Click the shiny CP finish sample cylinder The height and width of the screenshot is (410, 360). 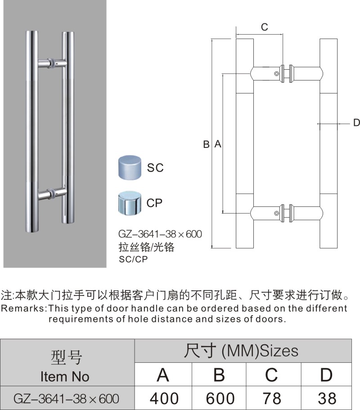point(129,203)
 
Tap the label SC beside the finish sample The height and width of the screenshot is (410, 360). point(155,168)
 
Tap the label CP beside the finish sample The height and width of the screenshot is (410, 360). point(155,203)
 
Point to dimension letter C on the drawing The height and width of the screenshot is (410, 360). point(265,27)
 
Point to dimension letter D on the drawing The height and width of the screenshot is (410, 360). point(355,123)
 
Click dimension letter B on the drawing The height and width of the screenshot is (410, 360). point(206,144)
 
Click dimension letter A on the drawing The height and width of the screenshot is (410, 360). point(217,144)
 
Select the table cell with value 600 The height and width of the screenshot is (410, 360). point(219,398)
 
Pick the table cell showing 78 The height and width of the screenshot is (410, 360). point(273,398)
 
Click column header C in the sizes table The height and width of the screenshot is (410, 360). point(273,374)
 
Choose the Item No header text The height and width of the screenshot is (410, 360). point(65,376)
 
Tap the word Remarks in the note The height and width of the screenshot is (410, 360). point(22,309)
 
